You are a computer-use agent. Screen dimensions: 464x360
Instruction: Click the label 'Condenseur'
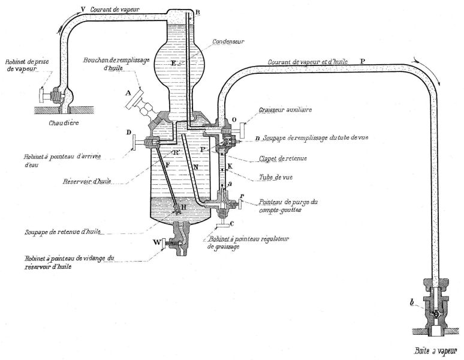click(x=228, y=41)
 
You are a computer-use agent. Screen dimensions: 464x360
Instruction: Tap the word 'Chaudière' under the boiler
click(x=64, y=122)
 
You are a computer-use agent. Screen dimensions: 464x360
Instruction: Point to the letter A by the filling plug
click(x=128, y=94)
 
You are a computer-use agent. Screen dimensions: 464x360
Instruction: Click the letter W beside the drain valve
click(x=157, y=243)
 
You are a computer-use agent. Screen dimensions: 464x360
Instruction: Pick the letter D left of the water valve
click(x=129, y=133)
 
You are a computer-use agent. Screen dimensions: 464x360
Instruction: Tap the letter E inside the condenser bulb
click(x=173, y=63)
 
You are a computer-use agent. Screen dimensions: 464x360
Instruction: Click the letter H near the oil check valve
click(x=183, y=207)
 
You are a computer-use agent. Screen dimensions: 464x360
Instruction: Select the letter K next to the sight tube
click(x=230, y=166)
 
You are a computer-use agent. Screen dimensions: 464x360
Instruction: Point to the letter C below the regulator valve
click(x=232, y=224)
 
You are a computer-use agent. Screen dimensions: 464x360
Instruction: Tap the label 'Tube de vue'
click(x=276, y=178)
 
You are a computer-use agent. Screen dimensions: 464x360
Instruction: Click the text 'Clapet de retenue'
click(x=282, y=158)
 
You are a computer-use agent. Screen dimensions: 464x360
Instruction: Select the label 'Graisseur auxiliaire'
click(x=285, y=110)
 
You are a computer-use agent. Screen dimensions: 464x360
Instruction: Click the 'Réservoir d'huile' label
click(x=87, y=181)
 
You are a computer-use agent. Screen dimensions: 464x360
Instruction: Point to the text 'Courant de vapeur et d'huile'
click(x=308, y=62)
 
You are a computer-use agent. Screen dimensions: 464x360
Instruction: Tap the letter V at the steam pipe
click(x=83, y=10)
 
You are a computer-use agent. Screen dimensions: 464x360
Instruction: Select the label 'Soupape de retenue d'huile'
click(x=62, y=232)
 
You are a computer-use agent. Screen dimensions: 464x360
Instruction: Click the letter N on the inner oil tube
click(x=195, y=167)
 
